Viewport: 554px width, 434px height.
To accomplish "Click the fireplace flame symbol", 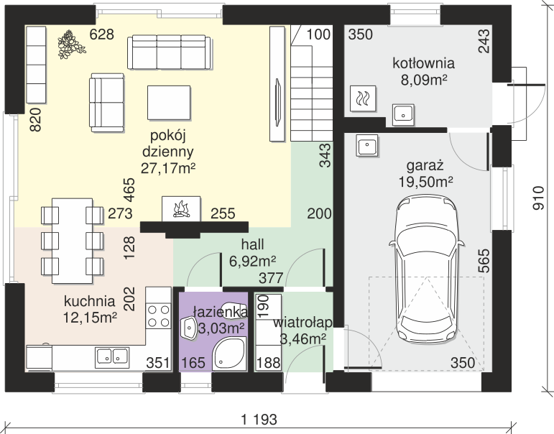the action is pos(181,209).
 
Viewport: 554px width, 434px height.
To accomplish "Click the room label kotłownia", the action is pos(424,63).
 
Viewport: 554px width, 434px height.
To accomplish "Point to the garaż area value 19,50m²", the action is pos(426,182).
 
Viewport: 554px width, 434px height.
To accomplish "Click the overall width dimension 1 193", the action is pos(259,420).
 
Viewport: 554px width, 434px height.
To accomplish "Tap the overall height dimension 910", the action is pos(539,198).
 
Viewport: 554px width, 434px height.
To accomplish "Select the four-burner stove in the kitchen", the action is pos(159,316).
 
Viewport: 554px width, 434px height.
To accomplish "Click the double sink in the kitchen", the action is pos(112,356).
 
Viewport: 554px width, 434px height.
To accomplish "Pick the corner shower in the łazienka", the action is pos(229,354).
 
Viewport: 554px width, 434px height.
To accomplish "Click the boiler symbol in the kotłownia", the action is pos(363,98).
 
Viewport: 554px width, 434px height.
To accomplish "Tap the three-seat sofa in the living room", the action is pos(169,52).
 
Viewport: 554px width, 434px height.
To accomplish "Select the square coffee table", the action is pos(169,103).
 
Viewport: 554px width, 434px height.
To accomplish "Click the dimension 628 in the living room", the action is pos(102,34).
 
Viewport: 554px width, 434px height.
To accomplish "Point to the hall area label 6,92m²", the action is pos(253,261).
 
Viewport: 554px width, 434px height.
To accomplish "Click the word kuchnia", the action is pos(89,302).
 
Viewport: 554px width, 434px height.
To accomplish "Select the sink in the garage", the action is pos(367,145).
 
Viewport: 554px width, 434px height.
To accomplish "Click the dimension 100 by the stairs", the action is pos(318,34).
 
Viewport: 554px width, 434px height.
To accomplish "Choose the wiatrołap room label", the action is pos(303,323).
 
